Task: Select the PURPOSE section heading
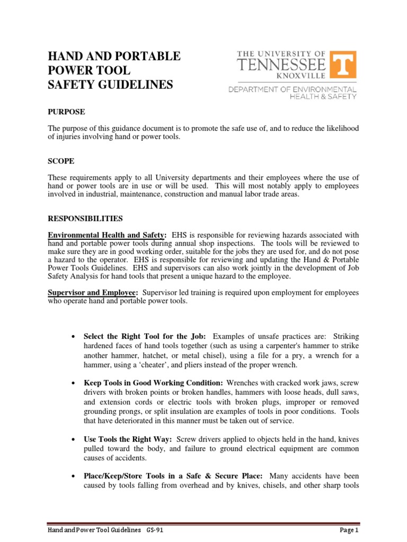67,112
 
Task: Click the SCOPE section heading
61,161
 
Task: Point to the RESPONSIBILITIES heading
85,218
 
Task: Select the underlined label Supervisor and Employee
93,293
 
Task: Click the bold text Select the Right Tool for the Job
145,337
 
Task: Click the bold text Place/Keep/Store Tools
132,476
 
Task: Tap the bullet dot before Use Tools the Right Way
73,440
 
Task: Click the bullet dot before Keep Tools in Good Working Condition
73,383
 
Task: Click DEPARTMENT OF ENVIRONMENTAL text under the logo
293,89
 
